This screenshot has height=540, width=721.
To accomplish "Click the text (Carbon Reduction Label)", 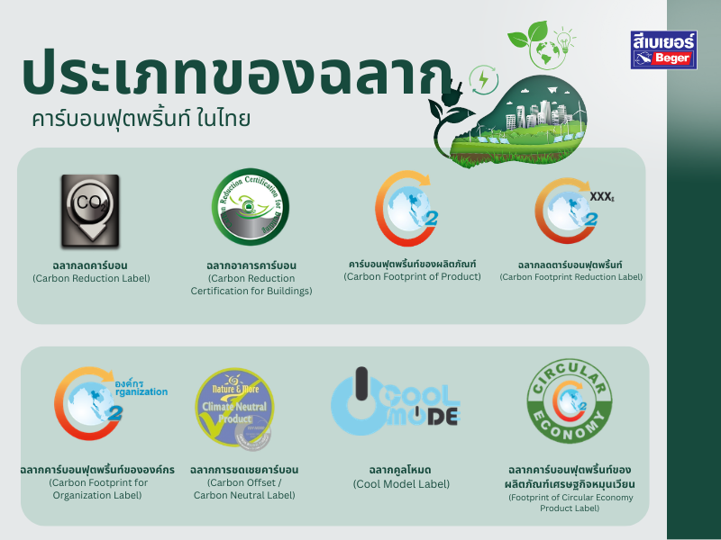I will coord(91,278).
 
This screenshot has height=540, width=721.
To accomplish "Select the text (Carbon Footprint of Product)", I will coord(412,276).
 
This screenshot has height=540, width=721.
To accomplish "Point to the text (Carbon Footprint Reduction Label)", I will coord(570,277).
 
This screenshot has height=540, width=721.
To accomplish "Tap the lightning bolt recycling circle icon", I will coord(483,79).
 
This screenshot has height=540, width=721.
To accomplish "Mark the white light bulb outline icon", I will coord(564,40).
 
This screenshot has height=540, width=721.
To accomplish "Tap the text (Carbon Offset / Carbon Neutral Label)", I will coord(244,489).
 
